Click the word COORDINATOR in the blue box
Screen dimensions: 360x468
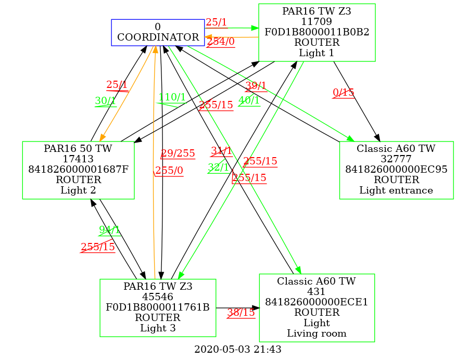pos(157,37)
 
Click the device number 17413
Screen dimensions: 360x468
pos(78,159)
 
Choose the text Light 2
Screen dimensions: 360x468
pos(78,190)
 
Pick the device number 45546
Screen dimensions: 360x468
pos(158,297)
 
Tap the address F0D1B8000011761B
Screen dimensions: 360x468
pos(158,307)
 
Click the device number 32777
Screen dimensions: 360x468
pos(396,159)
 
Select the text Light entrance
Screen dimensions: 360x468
pos(396,190)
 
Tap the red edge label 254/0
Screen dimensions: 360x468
pos(220,42)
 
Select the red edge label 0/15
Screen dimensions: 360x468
pos(344,93)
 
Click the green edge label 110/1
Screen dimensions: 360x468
pos(172,97)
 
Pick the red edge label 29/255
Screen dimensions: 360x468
pos(178,153)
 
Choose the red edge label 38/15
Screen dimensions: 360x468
pos(241,313)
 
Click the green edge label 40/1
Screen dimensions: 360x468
pos(249,101)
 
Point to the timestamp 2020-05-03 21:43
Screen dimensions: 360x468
pos(237,350)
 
